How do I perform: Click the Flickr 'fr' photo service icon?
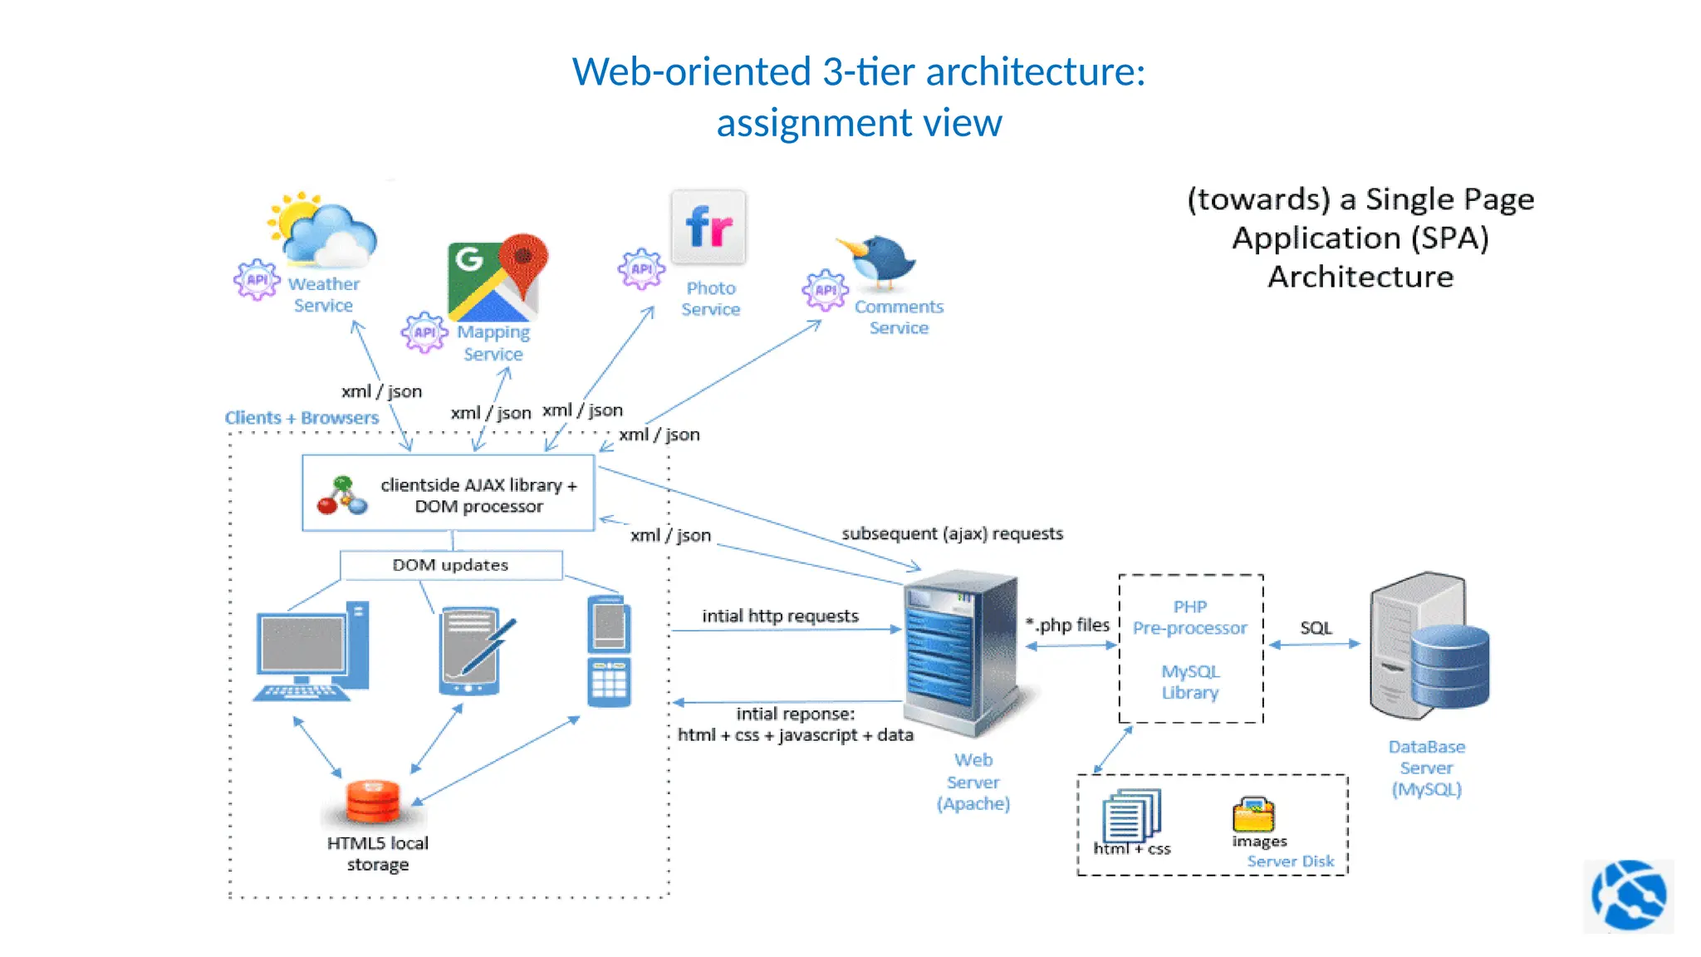[708, 227]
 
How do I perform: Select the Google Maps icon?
[497, 278]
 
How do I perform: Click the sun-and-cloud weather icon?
[324, 231]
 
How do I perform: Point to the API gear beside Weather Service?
[257, 280]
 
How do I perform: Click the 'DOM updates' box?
[450, 565]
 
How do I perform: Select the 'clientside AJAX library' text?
[478, 485]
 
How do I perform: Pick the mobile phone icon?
[609, 652]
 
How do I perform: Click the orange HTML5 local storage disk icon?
[373, 801]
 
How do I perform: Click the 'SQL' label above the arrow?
[1316, 628]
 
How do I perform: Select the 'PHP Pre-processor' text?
[1189, 618]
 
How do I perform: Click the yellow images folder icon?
[1253, 815]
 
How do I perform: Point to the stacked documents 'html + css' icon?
[1130, 816]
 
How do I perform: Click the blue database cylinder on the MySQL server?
[1449, 666]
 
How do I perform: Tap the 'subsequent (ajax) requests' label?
[952, 533]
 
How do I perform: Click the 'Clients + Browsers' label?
[301, 418]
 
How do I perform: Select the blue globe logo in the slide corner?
[1628, 896]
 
